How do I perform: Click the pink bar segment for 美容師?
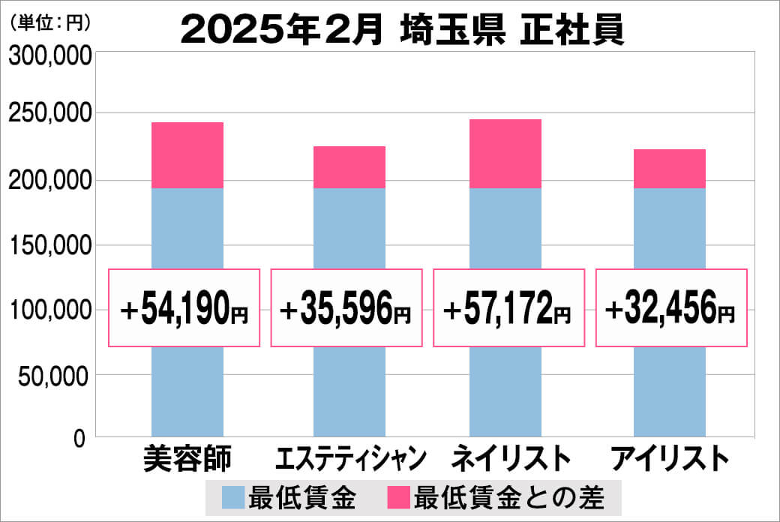click(x=187, y=155)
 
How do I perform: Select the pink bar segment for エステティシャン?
click(x=349, y=167)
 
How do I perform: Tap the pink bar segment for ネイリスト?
click(x=505, y=154)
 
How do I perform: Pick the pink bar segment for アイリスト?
click(x=670, y=169)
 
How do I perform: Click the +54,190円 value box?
click(x=184, y=308)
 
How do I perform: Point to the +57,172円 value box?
click(x=508, y=308)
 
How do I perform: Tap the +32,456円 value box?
click(x=671, y=308)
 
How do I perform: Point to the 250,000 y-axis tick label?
click(x=49, y=114)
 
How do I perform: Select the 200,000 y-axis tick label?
click(x=49, y=180)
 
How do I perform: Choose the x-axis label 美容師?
click(x=187, y=458)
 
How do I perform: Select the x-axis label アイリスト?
click(x=670, y=458)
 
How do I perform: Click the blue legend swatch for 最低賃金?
click(x=232, y=497)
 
